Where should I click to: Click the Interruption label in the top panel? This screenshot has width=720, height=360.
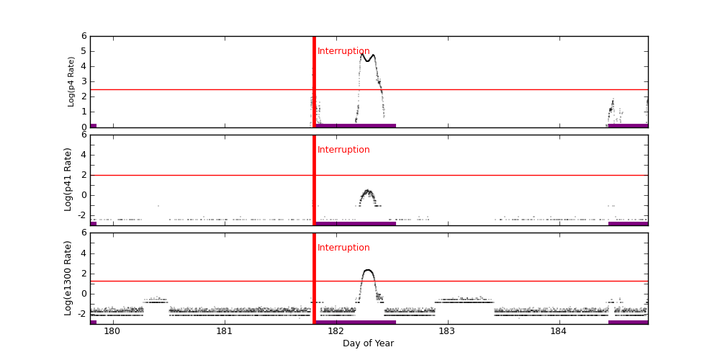pos(343,52)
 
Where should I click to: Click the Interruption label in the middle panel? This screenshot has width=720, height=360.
pos(343,150)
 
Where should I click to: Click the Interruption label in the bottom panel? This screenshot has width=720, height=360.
pos(343,248)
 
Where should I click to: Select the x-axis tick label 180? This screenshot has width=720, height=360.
pos(112,331)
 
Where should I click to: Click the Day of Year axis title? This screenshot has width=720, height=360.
pos(368,343)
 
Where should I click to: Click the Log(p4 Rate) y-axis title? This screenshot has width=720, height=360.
pos(71,81)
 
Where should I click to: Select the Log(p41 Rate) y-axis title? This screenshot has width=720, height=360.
pos(68,179)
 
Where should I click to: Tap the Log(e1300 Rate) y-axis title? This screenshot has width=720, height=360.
pos(68,278)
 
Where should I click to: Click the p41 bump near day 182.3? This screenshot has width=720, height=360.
pos(368,192)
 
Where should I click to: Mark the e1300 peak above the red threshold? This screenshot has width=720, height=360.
pos(368,271)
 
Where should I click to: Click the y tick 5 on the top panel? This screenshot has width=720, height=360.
pos(84,51)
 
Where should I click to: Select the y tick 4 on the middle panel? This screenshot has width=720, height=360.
pos(84,155)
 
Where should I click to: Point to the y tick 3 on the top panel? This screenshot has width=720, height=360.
pos(84,81)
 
